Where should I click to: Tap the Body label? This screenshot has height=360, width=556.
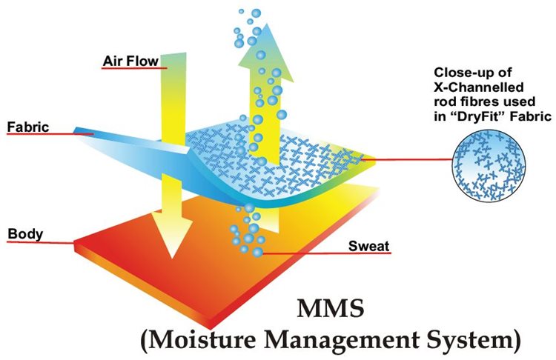[x=25, y=235]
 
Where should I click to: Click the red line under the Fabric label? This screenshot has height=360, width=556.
[x=44, y=135]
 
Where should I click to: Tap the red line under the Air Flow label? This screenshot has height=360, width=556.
[x=133, y=68]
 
